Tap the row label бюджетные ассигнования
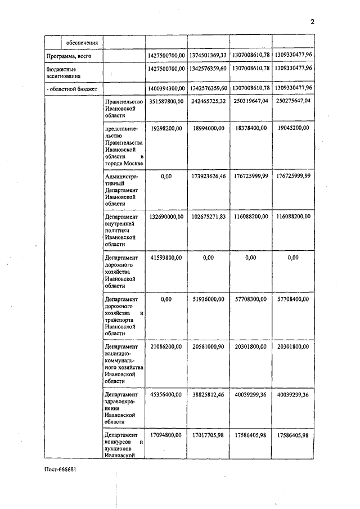63,71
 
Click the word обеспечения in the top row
82,42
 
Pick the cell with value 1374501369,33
208,56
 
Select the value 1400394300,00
166,88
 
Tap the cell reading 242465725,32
208,101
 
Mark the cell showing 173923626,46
208,176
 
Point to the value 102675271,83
208,216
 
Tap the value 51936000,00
208,299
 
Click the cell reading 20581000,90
208,346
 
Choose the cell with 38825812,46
208,395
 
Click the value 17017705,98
208,435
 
